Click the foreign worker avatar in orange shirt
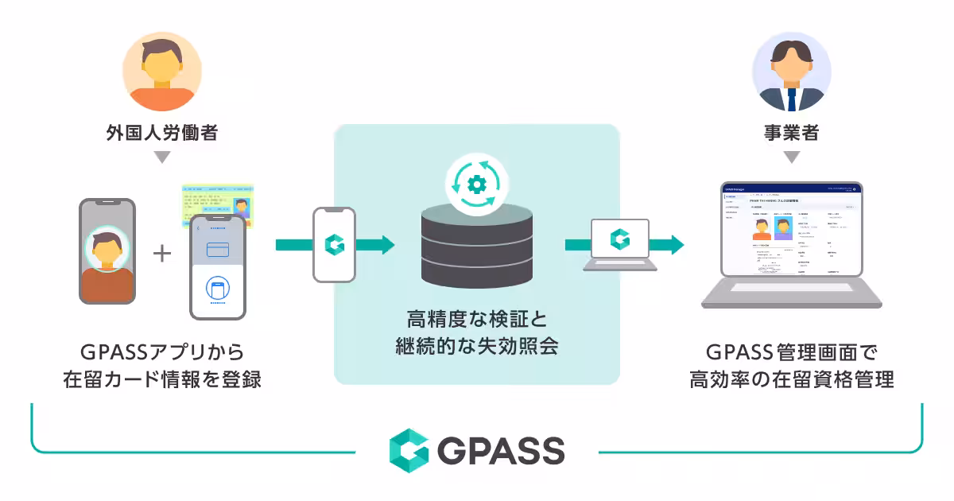tap(162, 72)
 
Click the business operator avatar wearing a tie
tap(791, 72)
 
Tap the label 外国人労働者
tap(162, 132)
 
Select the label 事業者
tap(791, 132)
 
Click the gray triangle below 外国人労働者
tap(162, 157)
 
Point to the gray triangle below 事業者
tap(791, 157)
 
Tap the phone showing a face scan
tap(107, 251)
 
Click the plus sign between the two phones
tap(162, 254)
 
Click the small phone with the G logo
tap(334, 245)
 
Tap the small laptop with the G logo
tap(619, 243)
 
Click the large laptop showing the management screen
tap(791, 243)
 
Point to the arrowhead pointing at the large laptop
tap(677, 244)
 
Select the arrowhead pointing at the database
tap(387, 245)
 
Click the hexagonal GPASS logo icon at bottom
tap(409, 451)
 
